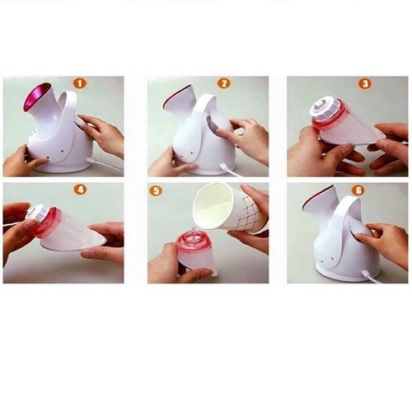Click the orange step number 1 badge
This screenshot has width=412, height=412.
[x=79, y=83]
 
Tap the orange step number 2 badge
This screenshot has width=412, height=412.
[x=224, y=83]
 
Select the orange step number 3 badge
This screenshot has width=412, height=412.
[x=365, y=83]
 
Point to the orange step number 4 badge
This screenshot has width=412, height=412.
[x=80, y=190]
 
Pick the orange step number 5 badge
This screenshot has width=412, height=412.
[x=156, y=191]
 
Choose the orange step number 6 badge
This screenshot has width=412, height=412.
[x=359, y=190]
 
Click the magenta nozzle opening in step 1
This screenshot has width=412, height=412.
[x=38, y=96]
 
